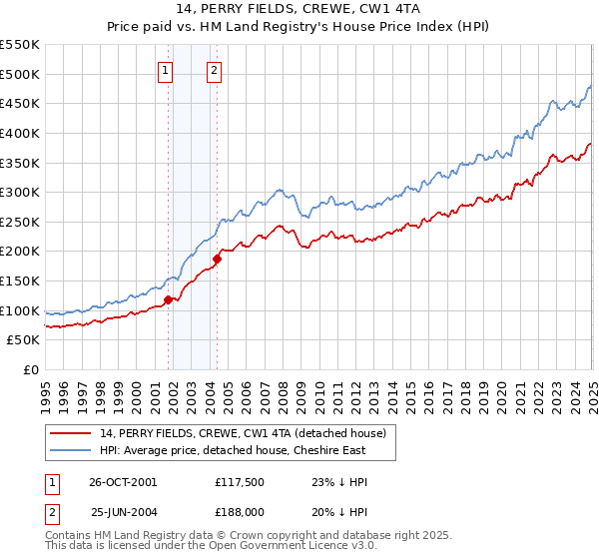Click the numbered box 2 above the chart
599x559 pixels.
215,70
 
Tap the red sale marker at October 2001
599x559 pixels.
168,299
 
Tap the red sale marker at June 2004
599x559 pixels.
217,259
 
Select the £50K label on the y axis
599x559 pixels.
24,340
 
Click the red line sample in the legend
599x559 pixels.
72,432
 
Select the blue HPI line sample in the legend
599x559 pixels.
72,450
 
